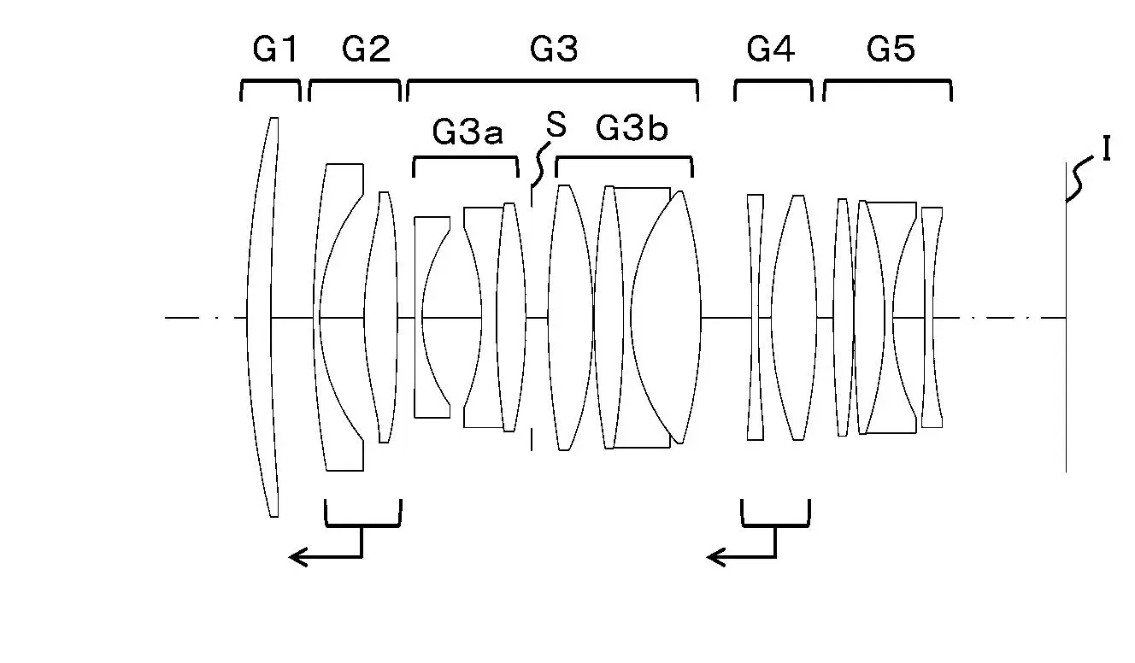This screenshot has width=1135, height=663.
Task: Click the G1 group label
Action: tap(275, 50)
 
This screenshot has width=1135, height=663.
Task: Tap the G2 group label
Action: tap(366, 50)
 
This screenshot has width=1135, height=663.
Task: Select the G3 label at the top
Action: tap(554, 50)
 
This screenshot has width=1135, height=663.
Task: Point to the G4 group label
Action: tap(771, 50)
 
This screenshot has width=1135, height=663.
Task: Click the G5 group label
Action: tap(891, 50)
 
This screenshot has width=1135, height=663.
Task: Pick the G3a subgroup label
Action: tap(468, 132)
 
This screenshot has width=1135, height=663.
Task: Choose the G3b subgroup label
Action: tap(632, 127)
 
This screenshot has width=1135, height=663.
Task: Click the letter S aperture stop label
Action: tap(556, 125)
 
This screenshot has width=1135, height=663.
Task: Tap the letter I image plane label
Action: tap(1107, 149)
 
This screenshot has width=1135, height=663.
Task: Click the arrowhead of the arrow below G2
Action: tap(297, 557)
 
